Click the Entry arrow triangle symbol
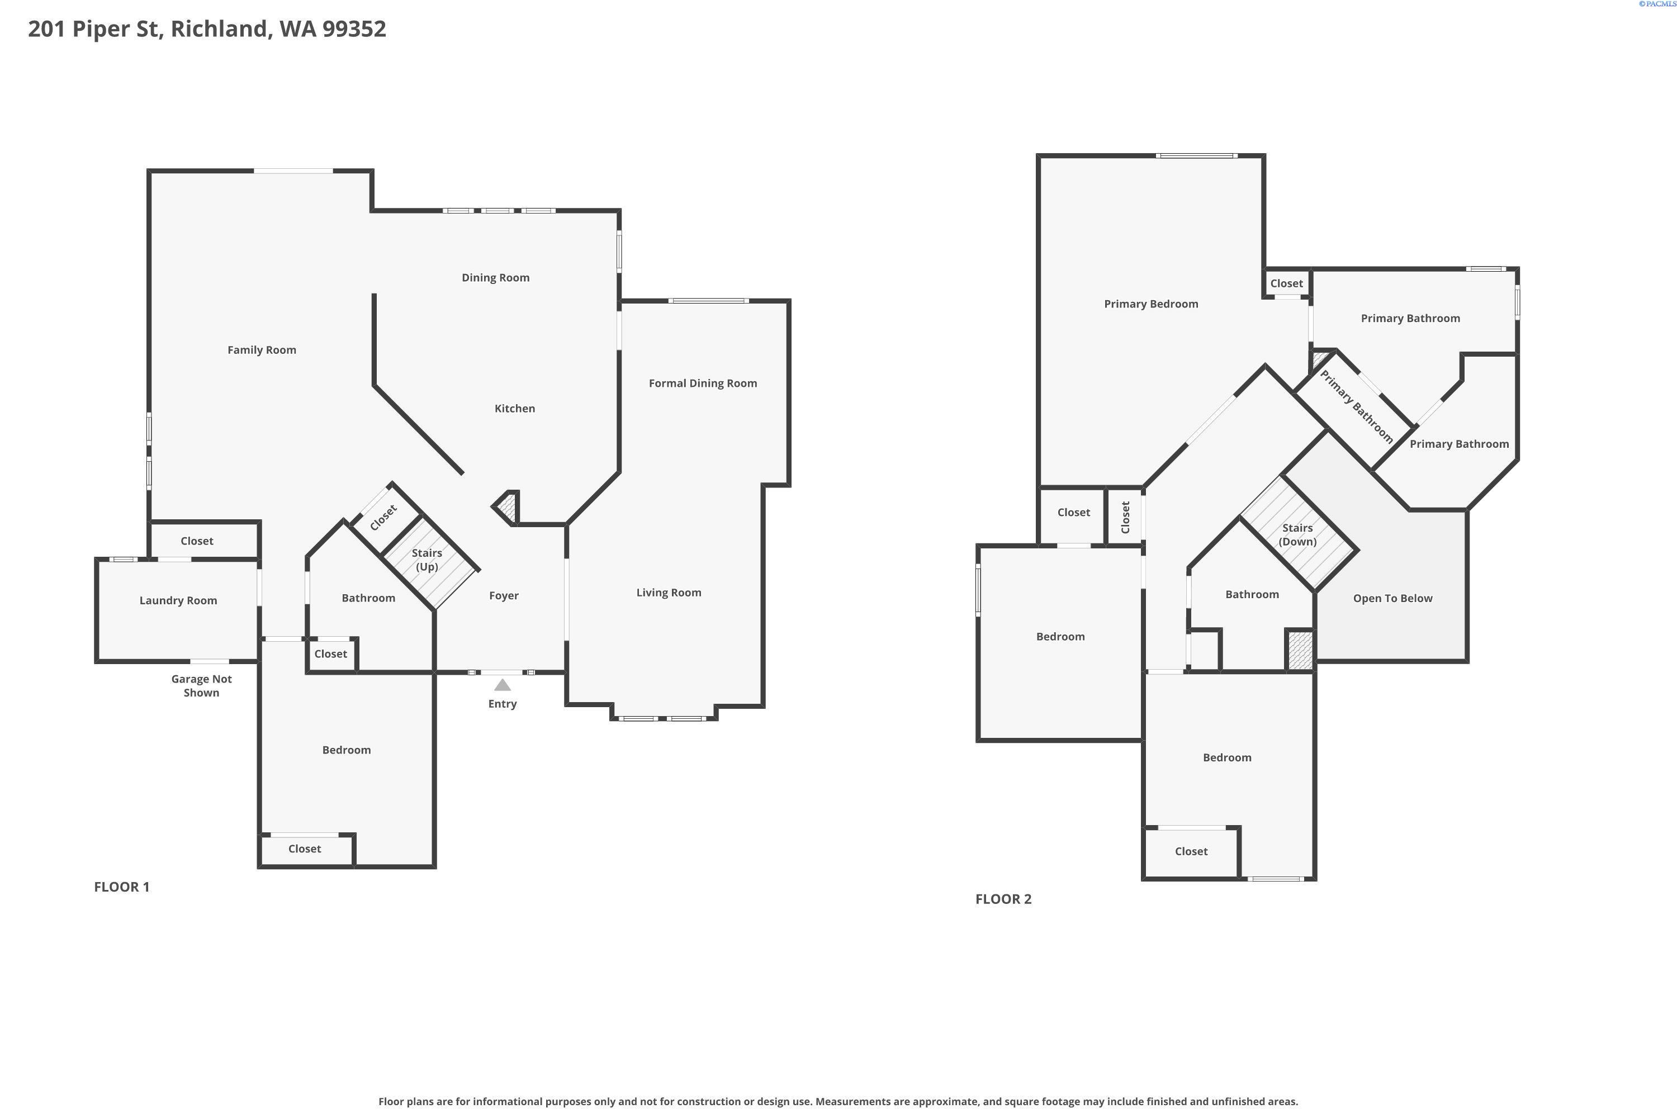(x=503, y=685)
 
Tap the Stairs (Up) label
(x=427, y=560)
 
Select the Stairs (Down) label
(x=1297, y=535)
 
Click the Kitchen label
(x=514, y=409)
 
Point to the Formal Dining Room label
(x=702, y=383)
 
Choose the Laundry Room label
(x=178, y=600)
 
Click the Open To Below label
(x=1392, y=598)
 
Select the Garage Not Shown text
(x=201, y=686)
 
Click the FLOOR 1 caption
(x=122, y=887)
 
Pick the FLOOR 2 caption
(x=1002, y=899)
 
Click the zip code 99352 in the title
(x=354, y=29)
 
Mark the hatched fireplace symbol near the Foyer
(x=507, y=508)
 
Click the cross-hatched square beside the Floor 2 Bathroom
(x=1299, y=650)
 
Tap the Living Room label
(x=668, y=593)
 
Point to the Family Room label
(x=261, y=350)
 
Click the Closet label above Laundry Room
(x=196, y=541)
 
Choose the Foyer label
(x=504, y=596)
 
